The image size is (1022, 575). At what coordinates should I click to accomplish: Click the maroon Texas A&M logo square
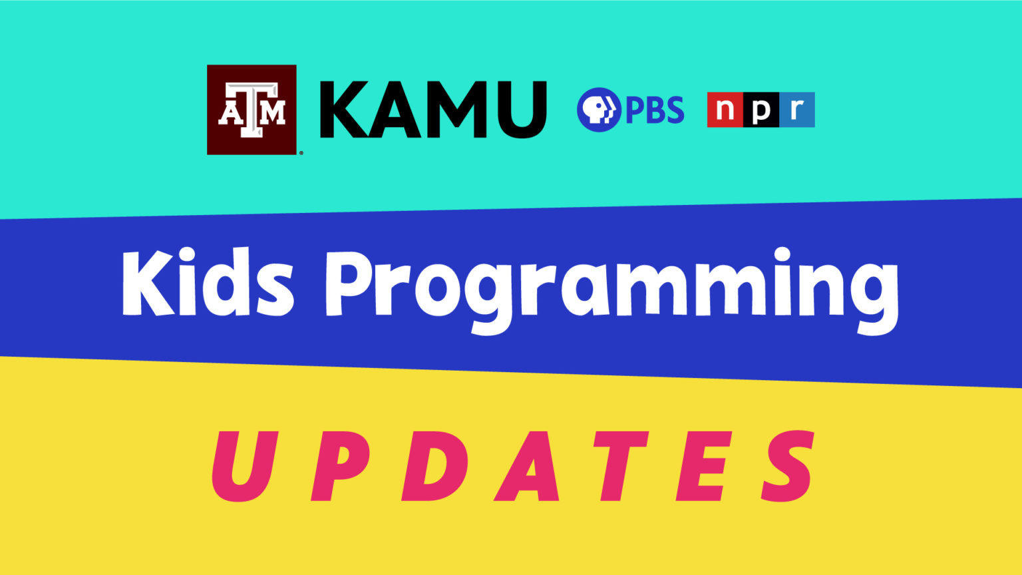[x=252, y=109]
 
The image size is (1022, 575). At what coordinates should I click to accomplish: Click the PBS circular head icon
[x=598, y=109]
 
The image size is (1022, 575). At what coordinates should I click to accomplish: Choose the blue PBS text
[x=655, y=110]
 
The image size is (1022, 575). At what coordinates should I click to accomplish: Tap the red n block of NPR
[x=725, y=110]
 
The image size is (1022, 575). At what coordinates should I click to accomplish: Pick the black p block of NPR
[x=761, y=110]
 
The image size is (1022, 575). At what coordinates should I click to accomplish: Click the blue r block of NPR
[x=796, y=110]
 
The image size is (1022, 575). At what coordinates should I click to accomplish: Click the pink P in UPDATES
[x=339, y=466]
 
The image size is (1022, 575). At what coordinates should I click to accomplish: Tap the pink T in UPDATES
[x=619, y=466]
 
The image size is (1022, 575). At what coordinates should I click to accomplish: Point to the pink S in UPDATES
[x=788, y=466]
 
